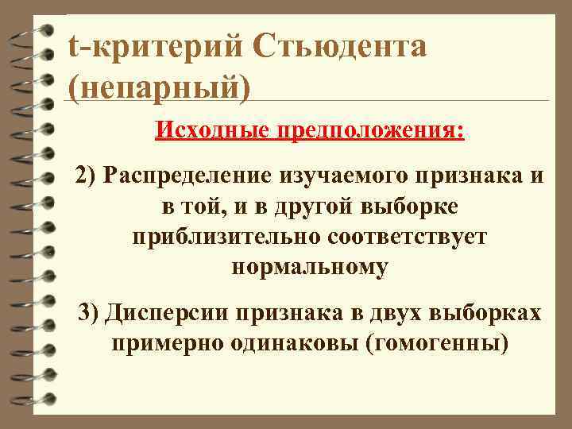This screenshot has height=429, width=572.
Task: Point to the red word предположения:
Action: [x=370, y=129]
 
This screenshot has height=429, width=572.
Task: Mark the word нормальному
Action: [x=310, y=268]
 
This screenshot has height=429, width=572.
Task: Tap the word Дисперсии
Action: [x=165, y=313]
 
